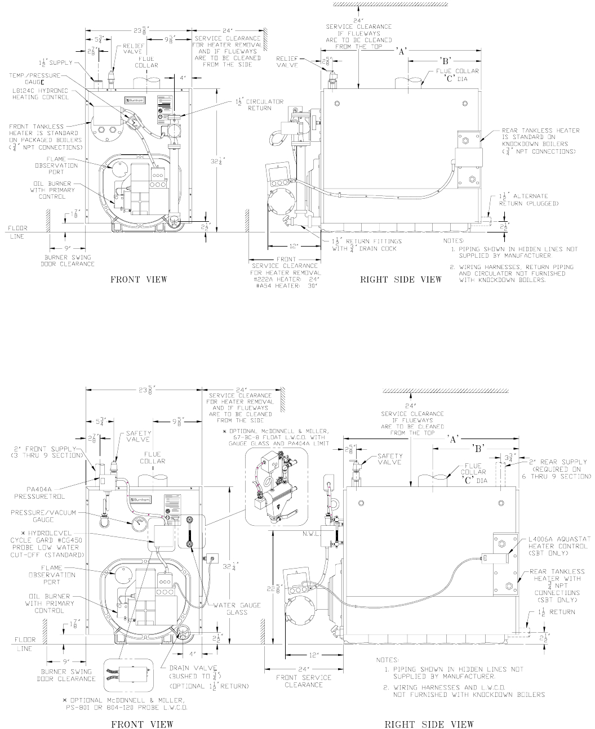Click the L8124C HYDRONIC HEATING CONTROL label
pyautogui.click(x=40, y=93)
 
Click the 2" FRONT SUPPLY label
pyautogui.click(x=45, y=451)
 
